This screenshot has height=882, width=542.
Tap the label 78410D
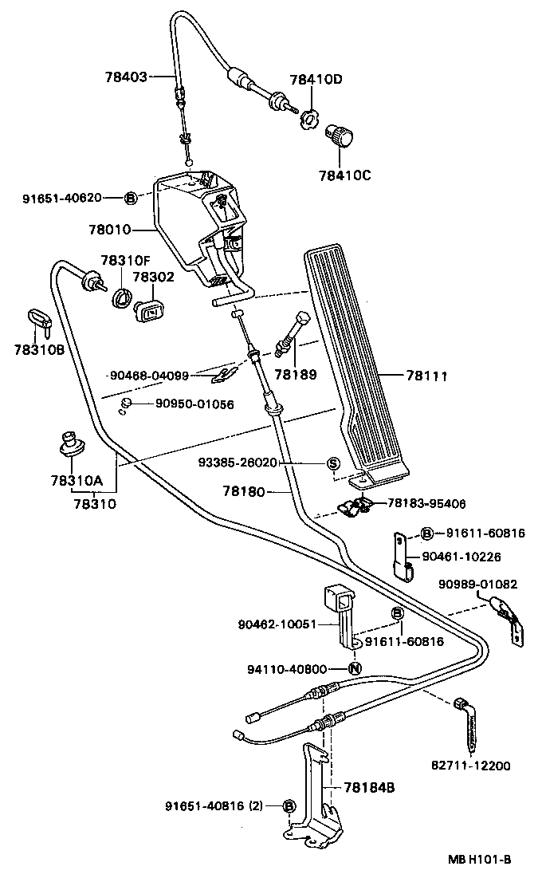(316, 80)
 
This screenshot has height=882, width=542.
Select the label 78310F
(125, 260)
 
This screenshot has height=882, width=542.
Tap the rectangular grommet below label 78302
(149, 311)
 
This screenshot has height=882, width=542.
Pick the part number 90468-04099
(148, 376)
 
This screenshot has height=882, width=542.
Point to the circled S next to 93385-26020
(333, 463)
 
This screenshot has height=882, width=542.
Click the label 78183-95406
(426, 504)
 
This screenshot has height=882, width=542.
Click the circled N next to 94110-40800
(354, 668)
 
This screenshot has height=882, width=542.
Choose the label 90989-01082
(478, 585)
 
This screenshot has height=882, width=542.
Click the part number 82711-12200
(472, 766)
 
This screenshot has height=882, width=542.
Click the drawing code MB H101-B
(478, 860)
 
